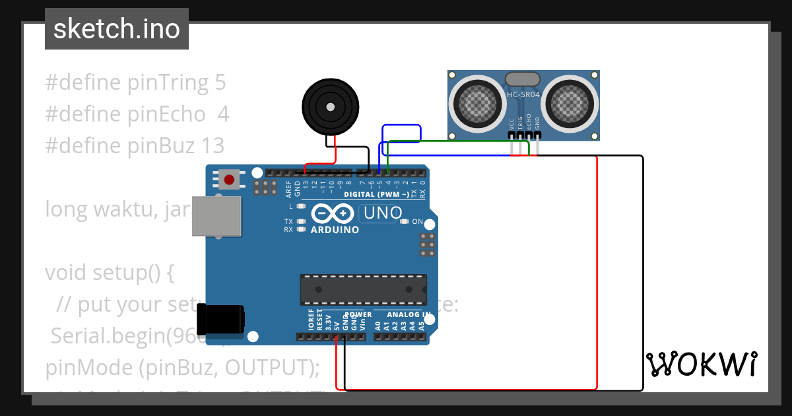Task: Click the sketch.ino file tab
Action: tap(116, 29)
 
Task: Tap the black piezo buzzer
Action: tap(330, 106)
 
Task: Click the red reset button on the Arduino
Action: tap(230, 179)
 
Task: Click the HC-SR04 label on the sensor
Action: tap(523, 94)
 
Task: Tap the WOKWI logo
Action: tap(701, 364)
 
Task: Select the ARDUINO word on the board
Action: tap(335, 230)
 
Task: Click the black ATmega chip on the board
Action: tap(363, 287)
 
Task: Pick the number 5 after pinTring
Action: tap(220, 83)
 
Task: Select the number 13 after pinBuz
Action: tap(214, 145)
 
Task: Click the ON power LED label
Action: tap(417, 222)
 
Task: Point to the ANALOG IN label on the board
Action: tap(408, 314)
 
